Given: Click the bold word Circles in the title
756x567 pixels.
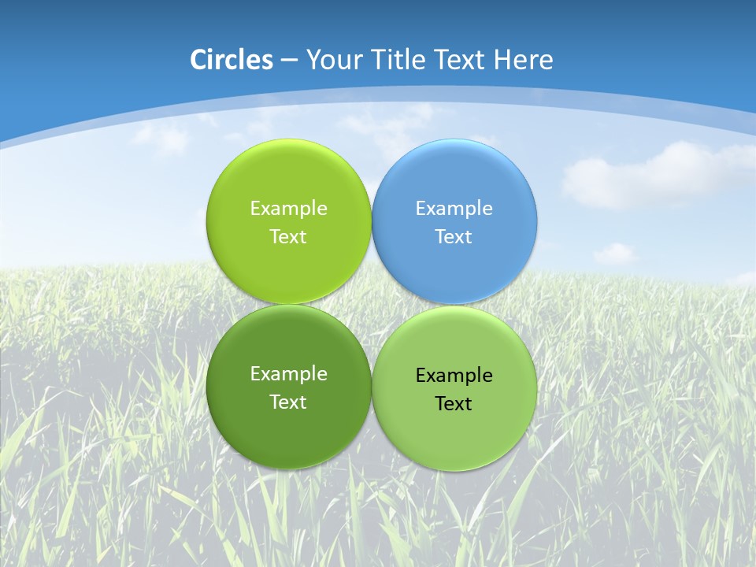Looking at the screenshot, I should (231, 60).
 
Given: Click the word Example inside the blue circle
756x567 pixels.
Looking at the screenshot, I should (454, 209).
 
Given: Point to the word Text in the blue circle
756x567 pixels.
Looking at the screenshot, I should (454, 237).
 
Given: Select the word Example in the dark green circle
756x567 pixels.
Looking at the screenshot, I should (288, 374).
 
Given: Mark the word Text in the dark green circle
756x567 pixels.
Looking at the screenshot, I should (288, 402).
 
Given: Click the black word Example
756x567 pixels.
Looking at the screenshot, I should (454, 376).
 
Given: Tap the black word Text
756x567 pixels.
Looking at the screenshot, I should (454, 404).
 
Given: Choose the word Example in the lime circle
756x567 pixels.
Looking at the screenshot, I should (288, 209).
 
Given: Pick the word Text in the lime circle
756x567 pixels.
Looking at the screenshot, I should (288, 237).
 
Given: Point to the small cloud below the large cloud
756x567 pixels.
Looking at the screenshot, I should (614, 253).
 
